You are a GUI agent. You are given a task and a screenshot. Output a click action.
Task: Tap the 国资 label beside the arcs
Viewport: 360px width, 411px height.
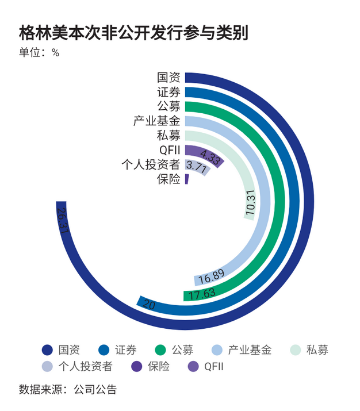(169, 78)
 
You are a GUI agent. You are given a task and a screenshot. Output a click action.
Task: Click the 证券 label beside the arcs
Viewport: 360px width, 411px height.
(169, 92)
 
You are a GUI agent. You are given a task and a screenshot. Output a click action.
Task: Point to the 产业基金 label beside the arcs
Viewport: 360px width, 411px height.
(157, 121)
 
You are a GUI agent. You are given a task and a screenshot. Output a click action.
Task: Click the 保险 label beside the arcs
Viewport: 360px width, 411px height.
(169, 179)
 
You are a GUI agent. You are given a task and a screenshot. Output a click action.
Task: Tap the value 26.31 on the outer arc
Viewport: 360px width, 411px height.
(63, 219)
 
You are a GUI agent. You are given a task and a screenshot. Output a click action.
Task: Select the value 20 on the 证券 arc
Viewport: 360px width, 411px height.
(148, 304)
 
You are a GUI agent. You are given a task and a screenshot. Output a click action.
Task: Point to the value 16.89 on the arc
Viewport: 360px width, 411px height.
(211, 279)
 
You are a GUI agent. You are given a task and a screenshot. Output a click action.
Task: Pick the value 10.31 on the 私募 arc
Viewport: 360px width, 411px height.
(250, 203)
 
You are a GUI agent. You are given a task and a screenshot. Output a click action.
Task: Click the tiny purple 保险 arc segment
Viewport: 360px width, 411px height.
(187, 179)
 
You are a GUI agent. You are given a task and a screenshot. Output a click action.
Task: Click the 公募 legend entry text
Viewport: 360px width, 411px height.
(182, 349)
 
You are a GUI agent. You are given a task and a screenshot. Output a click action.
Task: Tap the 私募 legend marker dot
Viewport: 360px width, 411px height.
(296, 349)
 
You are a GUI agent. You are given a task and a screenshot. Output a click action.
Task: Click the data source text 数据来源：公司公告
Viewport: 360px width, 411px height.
(68, 389)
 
